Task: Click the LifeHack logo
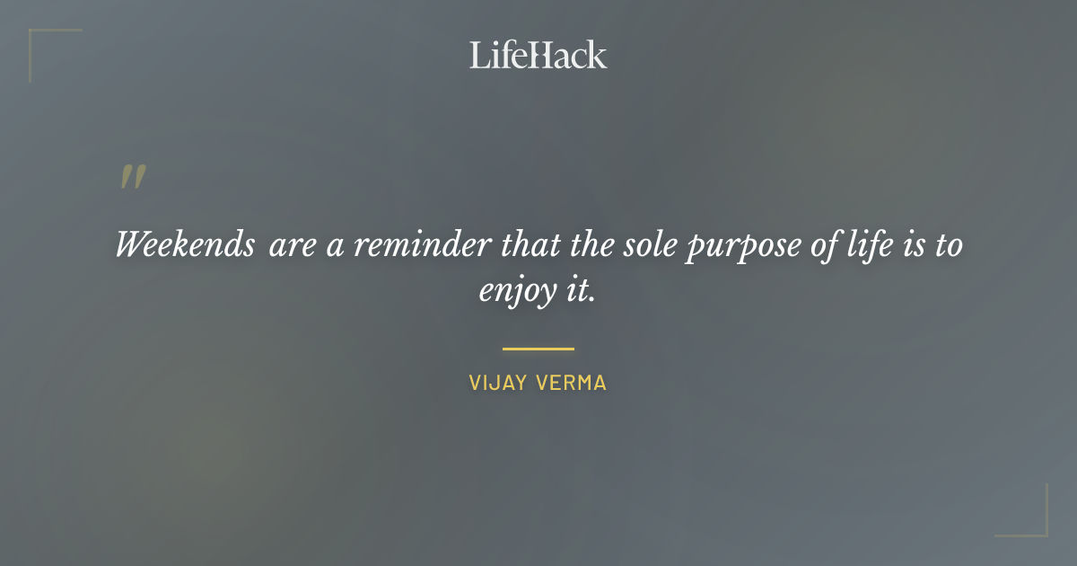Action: (538, 55)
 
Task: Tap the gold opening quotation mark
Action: (132, 177)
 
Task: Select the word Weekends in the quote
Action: (185, 244)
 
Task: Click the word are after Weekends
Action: (291, 245)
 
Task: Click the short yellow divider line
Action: (538, 349)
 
